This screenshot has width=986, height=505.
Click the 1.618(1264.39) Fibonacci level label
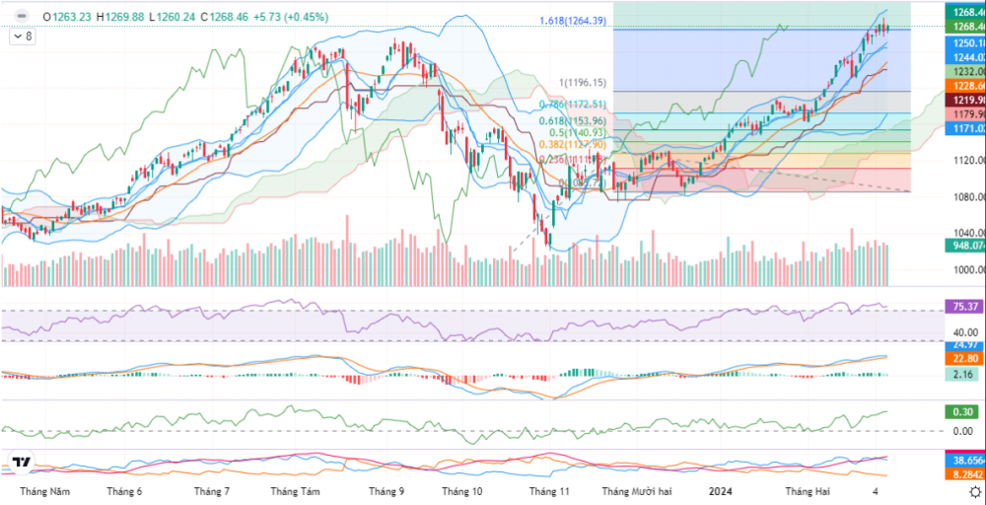click(x=573, y=21)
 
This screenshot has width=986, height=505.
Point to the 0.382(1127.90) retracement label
click(x=572, y=143)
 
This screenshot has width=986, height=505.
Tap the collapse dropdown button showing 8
click(x=22, y=36)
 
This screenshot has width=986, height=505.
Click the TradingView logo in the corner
click(x=21, y=463)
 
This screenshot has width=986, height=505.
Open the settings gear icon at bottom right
click(x=974, y=490)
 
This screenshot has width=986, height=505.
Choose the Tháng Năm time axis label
click(x=45, y=490)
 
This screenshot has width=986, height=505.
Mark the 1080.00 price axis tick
click(x=963, y=197)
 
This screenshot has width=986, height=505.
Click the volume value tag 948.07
click(x=963, y=246)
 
